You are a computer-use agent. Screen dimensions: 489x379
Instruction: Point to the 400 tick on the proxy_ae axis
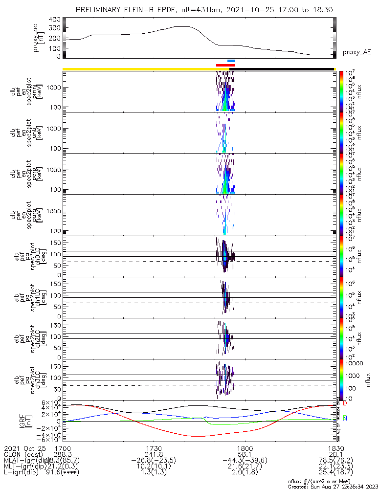55,19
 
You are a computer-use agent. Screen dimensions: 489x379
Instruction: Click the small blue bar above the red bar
231,61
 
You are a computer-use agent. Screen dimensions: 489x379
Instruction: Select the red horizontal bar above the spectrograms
225,65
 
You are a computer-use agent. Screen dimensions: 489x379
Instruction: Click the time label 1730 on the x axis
154,448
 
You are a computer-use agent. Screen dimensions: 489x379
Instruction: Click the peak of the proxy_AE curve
181,26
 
